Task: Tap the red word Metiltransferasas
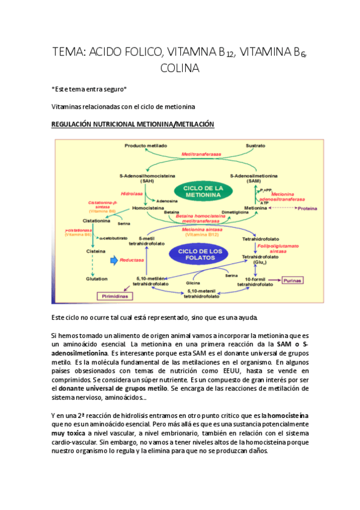pos(200,155)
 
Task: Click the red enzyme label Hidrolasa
pos(130,194)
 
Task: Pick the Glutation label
pos(96,278)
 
